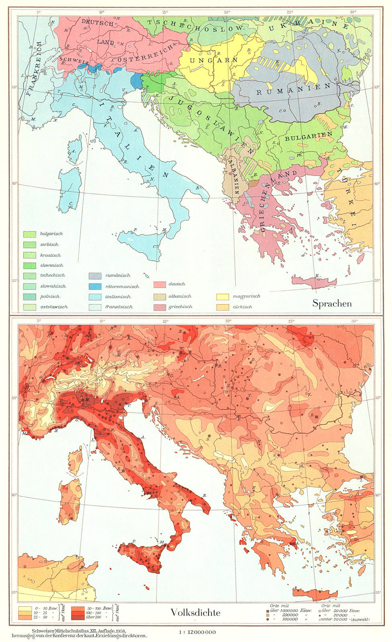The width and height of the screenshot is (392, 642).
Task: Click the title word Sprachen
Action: pyautogui.click(x=332, y=303)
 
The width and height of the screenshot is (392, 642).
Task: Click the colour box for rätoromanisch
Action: pyautogui.click(x=95, y=286)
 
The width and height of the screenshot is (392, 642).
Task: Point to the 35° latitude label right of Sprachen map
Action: pyautogui.click(x=377, y=281)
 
